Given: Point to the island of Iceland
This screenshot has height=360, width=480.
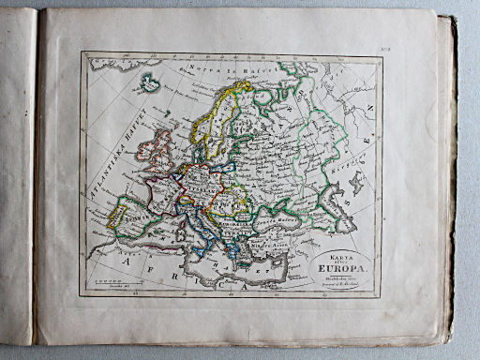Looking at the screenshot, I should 147,87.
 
